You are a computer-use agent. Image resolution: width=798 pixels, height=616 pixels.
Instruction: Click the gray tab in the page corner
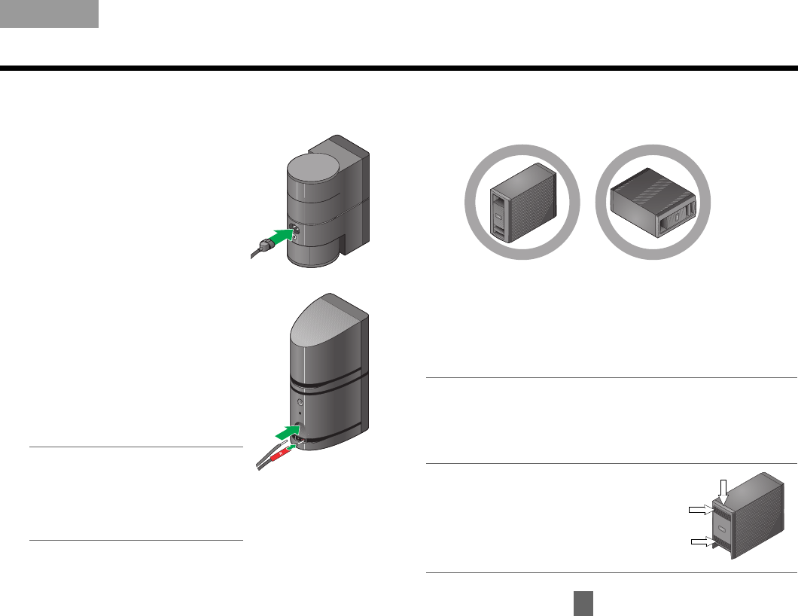(x=49, y=14)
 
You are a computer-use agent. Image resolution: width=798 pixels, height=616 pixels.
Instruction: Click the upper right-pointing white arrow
(x=703, y=510)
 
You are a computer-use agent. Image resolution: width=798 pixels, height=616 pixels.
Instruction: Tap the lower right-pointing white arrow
(x=703, y=541)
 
